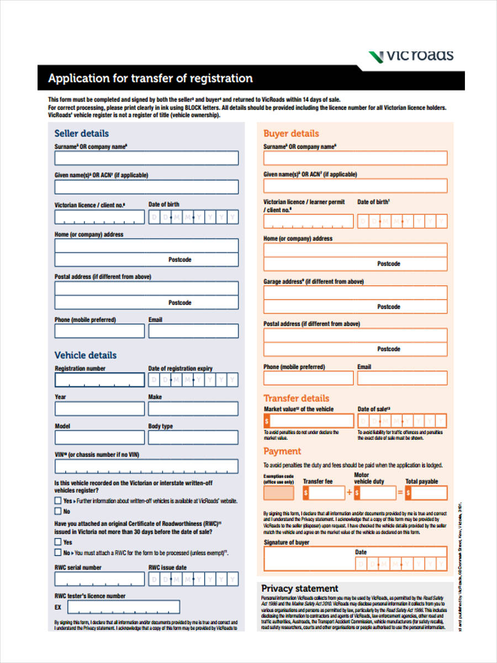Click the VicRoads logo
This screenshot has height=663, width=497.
(411, 55)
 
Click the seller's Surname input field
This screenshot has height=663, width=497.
(146, 158)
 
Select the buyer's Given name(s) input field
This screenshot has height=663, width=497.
(355, 186)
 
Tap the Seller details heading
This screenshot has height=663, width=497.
(81, 133)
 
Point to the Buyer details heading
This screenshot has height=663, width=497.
(291, 133)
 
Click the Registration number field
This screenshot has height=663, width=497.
(99, 380)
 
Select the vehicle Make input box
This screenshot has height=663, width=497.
(193, 409)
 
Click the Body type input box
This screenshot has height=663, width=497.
(193, 438)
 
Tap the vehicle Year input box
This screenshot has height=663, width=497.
(99, 409)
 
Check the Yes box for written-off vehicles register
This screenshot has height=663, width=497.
(58, 501)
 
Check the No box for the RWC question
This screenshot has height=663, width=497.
(58, 552)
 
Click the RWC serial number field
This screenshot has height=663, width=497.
(99, 579)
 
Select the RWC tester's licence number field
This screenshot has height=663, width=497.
(124, 607)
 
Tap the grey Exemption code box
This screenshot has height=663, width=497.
(279, 493)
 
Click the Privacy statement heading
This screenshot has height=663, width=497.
(299, 588)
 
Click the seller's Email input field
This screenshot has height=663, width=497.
(193, 331)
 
